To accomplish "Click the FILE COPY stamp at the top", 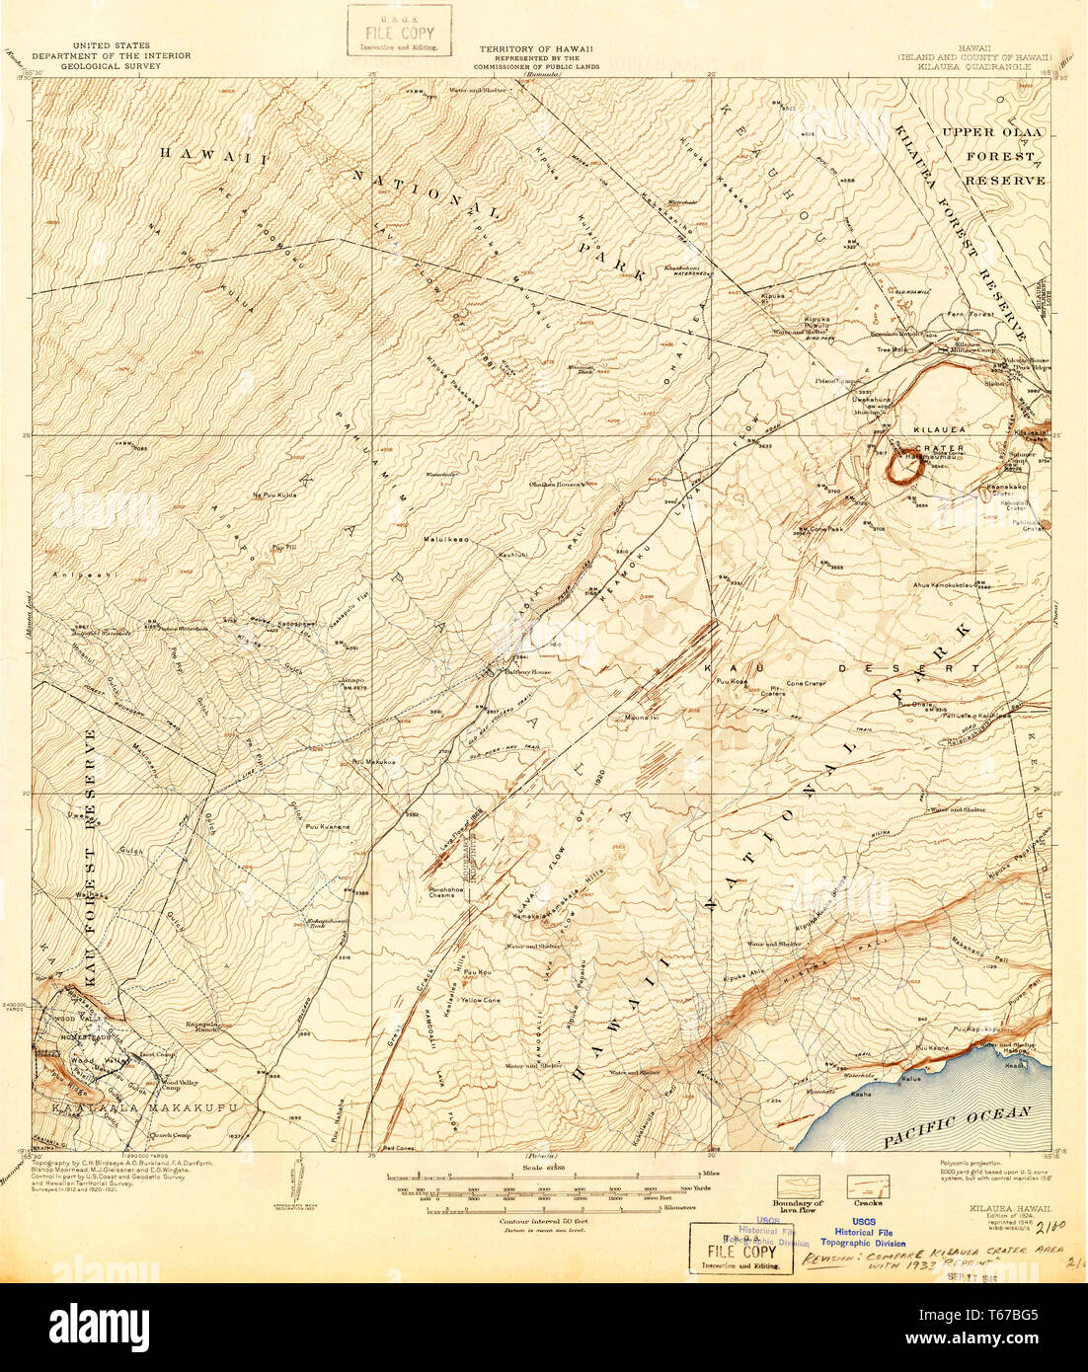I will (399, 31).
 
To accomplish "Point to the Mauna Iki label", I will (644, 718).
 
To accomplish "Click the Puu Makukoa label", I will (374, 762).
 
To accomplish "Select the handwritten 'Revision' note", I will (918, 1252).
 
